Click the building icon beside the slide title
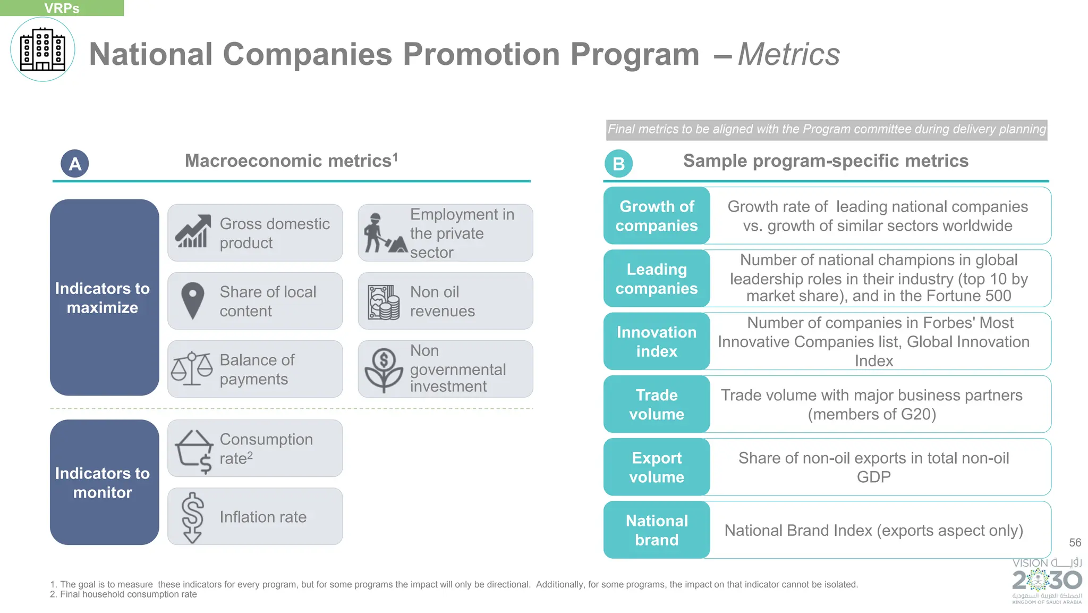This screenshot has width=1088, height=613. tap(42, 49)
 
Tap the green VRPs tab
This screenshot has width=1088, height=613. tap(62, 8)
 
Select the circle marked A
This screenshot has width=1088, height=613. tap(75, 164)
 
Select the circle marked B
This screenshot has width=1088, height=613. tap(618, 164)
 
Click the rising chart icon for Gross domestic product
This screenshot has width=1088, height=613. tap(192, 232)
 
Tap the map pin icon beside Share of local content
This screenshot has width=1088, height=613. tap(192, 300)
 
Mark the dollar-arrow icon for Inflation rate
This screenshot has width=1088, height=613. tap(192, 517)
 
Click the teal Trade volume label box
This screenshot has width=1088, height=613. tap(657, 404)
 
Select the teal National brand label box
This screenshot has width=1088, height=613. tap(657, 530)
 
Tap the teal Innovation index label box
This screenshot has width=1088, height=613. tap(657, 341)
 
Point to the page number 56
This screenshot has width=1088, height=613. tap(1075, 542)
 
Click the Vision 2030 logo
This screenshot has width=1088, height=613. tap(1047, 581)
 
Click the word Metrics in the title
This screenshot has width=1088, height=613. tap(789, 54)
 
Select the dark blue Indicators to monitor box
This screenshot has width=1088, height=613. tap(104, 482)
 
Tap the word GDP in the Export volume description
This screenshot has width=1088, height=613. tap(873, 477)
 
